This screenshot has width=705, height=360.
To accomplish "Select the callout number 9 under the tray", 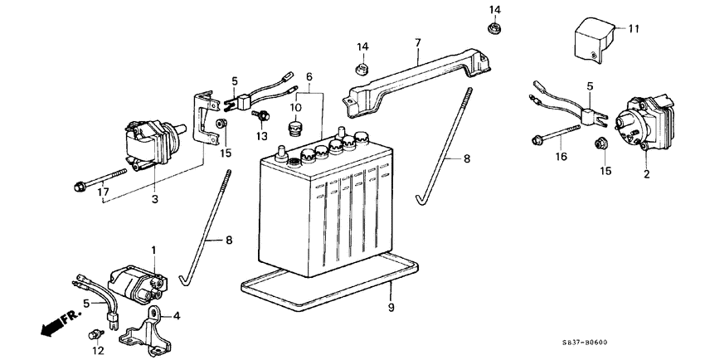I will tap(390, 308).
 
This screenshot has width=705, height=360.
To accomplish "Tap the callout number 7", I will tap(418, 42).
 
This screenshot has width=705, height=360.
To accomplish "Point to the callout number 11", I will tap(634, 29).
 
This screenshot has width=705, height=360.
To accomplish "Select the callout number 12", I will tap(99, 352).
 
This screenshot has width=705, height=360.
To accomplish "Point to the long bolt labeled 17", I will tap(100, 178).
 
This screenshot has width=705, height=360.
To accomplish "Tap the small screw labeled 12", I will tap(95, 335).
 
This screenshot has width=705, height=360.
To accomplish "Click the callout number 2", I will tap(647, 176).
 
